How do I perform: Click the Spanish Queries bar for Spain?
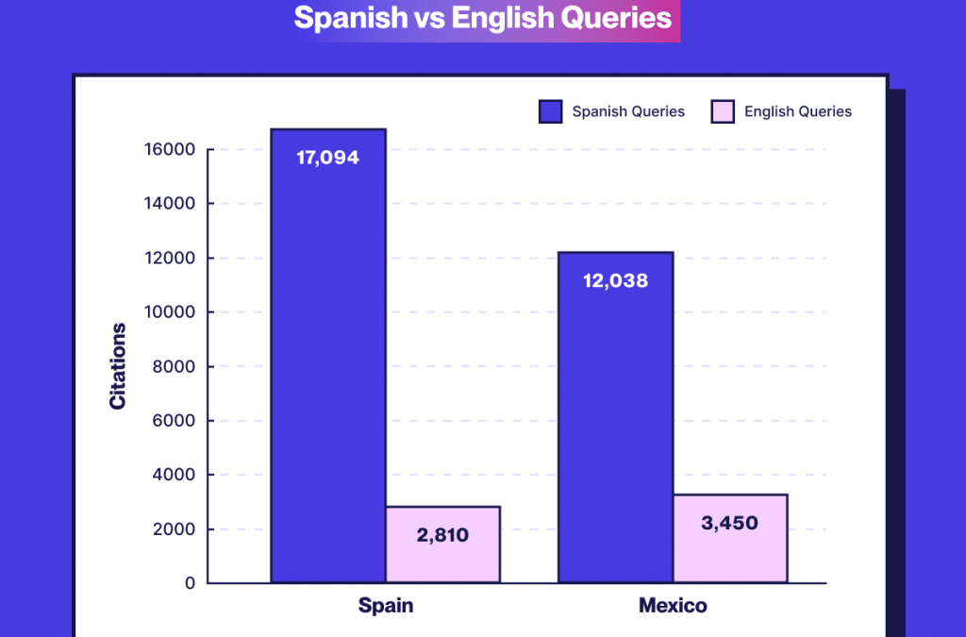(327, 377)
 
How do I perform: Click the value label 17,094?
(327, 158)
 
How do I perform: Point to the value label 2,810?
(442, 536)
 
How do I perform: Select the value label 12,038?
(615, 280)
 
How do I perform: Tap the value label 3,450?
(731, 523)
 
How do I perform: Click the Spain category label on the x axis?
(386, 606)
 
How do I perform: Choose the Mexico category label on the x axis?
(673, 606)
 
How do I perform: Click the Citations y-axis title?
(118, 366)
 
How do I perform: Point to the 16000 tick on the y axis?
(171, 150)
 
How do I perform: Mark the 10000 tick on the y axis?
(171, 312)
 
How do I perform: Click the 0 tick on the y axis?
(190, 584)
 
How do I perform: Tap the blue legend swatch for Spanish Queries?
(550, 111)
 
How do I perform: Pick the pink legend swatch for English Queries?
(722, 111)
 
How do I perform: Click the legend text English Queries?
(797, 111)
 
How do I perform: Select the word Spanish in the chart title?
(335, 18)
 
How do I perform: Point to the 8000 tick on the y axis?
(176, 367)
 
